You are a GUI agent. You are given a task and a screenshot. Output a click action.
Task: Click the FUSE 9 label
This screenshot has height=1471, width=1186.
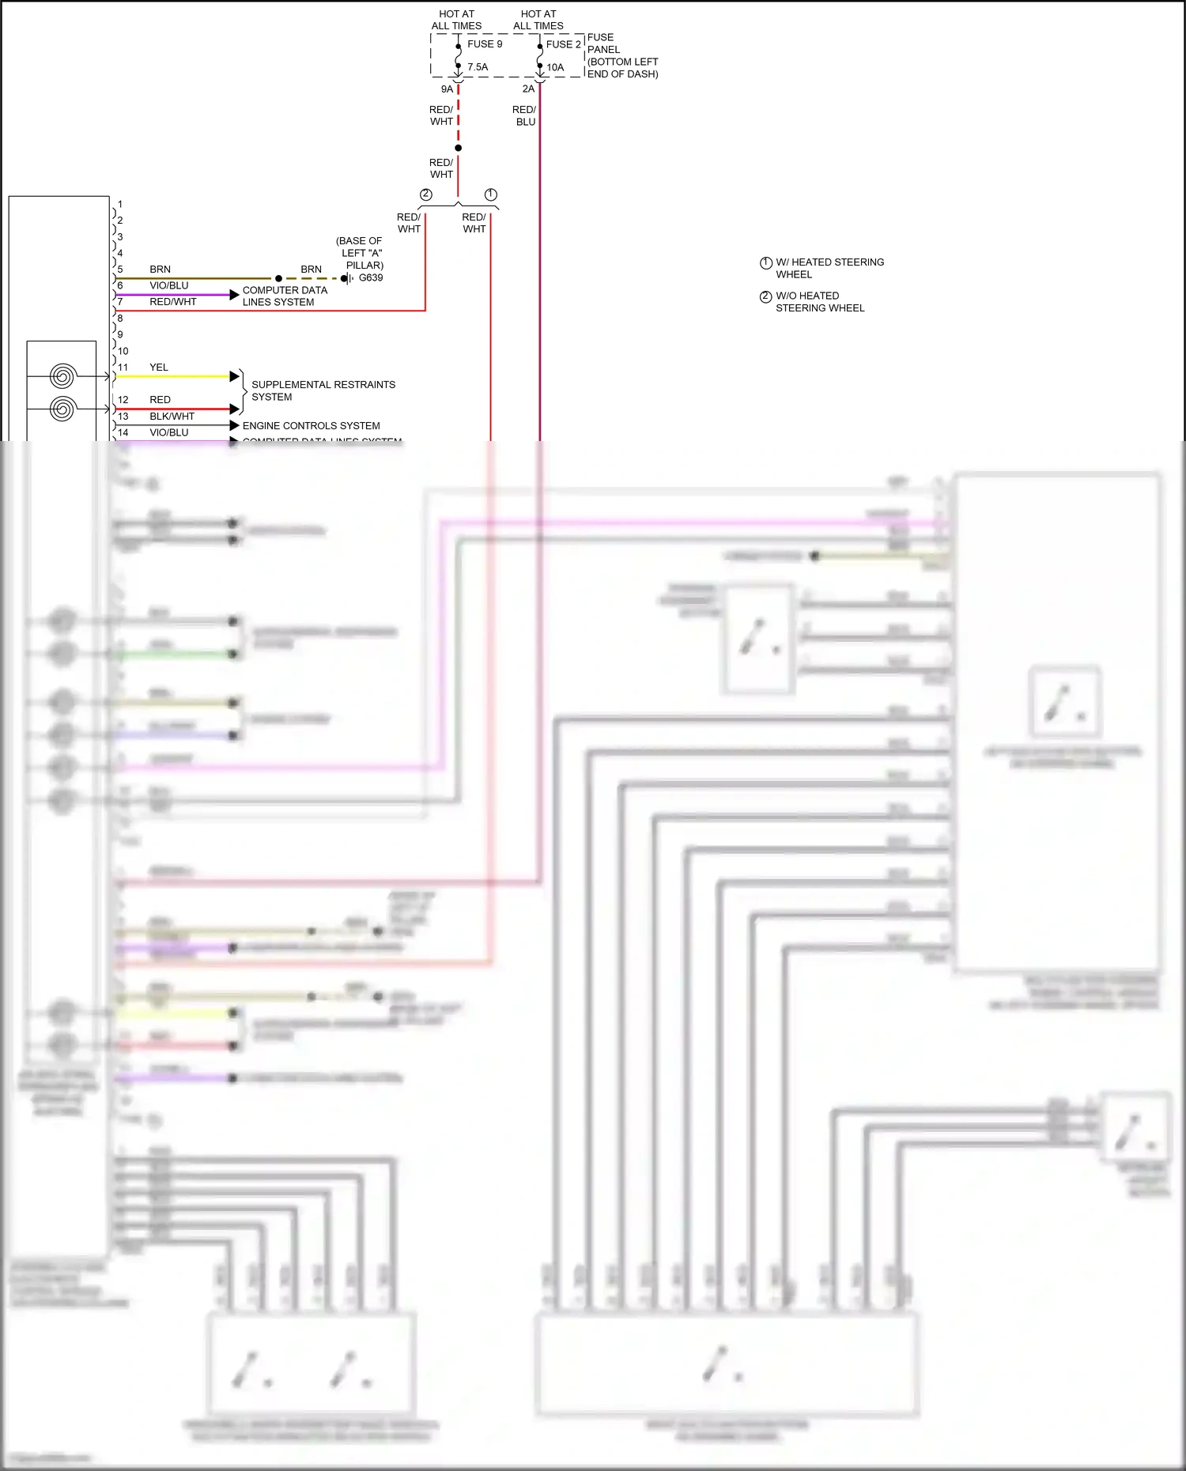tap(484, 44)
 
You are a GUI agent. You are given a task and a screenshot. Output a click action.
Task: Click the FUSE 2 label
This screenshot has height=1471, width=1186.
tap(563, 44)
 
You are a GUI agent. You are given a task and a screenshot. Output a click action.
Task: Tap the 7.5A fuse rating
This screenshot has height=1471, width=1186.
tap(478, 67)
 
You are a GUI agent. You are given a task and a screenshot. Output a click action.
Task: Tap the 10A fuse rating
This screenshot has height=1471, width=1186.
tap(555, 68)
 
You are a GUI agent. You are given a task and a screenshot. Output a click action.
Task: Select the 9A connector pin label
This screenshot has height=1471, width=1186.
tap(447, 89)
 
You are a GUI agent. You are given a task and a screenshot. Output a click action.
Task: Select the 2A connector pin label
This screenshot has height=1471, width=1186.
tap(528, 89)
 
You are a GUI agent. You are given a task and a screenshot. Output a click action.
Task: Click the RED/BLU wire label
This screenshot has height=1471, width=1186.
tap(524, 116)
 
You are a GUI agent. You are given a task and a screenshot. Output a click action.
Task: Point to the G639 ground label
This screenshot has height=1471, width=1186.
tap(371, 278)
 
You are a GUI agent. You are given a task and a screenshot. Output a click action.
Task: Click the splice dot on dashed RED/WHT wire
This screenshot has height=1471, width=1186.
tap(458, 148)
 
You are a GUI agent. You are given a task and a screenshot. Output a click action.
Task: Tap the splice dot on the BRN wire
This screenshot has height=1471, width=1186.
tap(278, 278)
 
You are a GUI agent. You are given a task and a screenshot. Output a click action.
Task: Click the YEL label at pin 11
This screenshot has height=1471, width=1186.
tap(159, 368)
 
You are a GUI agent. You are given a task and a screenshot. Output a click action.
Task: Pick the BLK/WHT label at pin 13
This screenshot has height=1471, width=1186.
tap(172, 417)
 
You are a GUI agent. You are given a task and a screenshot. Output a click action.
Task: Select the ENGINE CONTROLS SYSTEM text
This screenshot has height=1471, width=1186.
tap(311, 426)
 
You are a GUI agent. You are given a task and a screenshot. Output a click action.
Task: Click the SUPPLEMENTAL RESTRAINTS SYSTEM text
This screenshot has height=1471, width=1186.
tap(323, 391)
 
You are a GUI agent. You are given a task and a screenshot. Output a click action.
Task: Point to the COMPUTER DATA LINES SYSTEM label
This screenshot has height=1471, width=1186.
tap(285, 296)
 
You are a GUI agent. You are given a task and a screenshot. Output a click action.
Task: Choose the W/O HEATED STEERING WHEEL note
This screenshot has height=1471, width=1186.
tap(819, 302)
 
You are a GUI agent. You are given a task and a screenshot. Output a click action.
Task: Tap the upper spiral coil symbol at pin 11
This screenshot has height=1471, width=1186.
tap(62, 376)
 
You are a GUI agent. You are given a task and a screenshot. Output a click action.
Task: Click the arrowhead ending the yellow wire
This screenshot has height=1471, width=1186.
tap(234, 376)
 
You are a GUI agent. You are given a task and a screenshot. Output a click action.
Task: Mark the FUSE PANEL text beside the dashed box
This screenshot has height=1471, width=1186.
tap(621, 55)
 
